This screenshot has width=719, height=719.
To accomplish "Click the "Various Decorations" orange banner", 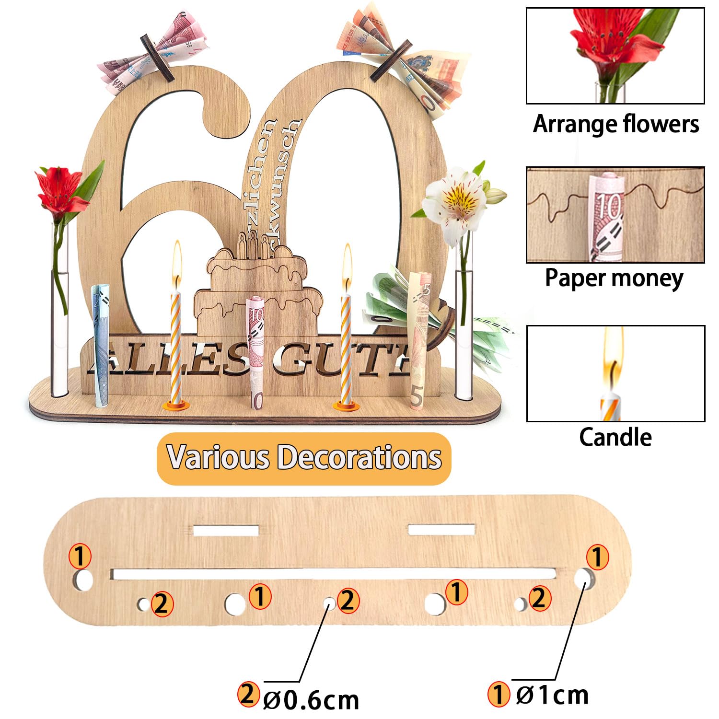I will point(304,458).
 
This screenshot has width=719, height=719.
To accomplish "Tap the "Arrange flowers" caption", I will point(616,124).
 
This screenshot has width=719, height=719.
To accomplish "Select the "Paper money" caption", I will point(614,278).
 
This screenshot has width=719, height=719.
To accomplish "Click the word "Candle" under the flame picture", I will point(615,438).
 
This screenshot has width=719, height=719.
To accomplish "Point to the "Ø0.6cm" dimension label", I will point(311,700).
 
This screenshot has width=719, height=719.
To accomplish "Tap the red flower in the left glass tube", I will point(60,190).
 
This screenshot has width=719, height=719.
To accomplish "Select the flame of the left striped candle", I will point(177,261).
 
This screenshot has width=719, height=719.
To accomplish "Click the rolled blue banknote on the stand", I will point(102,345).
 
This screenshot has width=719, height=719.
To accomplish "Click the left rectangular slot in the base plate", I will point(226,531).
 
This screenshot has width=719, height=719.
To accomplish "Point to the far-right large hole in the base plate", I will point(584,577).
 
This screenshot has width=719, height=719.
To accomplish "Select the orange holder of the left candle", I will point(175,405).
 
